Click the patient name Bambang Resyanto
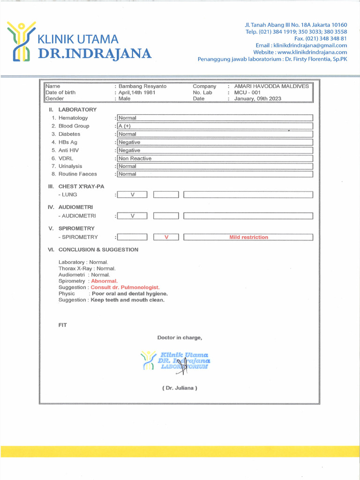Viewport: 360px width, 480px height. [142, 86]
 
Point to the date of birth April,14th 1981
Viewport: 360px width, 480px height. [137, 93]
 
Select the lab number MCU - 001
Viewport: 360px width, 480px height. [247, 93]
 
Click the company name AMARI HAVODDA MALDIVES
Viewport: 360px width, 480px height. [271, 86]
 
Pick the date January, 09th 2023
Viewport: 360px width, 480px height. [258, 99]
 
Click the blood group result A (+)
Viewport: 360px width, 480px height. [125, 126]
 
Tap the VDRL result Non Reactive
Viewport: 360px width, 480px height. [135, 158]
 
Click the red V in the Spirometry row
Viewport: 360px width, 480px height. [166, 237]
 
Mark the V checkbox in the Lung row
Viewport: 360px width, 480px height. [132, 195]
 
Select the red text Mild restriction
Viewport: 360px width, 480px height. [248, 237]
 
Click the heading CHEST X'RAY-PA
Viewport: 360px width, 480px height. [81, 187]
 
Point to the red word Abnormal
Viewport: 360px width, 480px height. [104, 281]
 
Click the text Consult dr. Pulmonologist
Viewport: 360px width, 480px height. [125, 287]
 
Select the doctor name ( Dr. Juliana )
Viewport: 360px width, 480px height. [180, 388]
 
